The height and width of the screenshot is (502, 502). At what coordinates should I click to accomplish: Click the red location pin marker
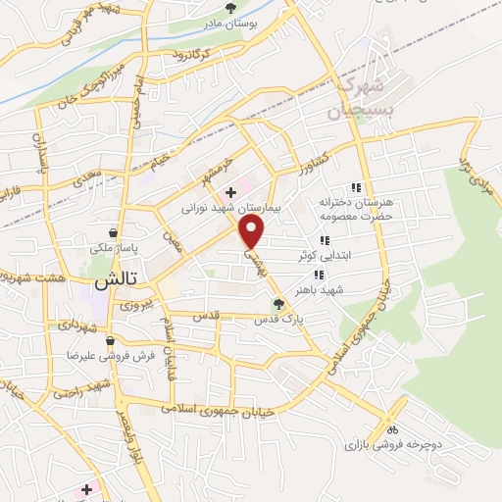tap(253, 231)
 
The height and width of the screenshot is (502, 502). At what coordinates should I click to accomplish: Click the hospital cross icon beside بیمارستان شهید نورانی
tap(230, 192)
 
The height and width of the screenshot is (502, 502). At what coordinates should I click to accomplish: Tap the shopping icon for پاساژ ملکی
tap(116, 233)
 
